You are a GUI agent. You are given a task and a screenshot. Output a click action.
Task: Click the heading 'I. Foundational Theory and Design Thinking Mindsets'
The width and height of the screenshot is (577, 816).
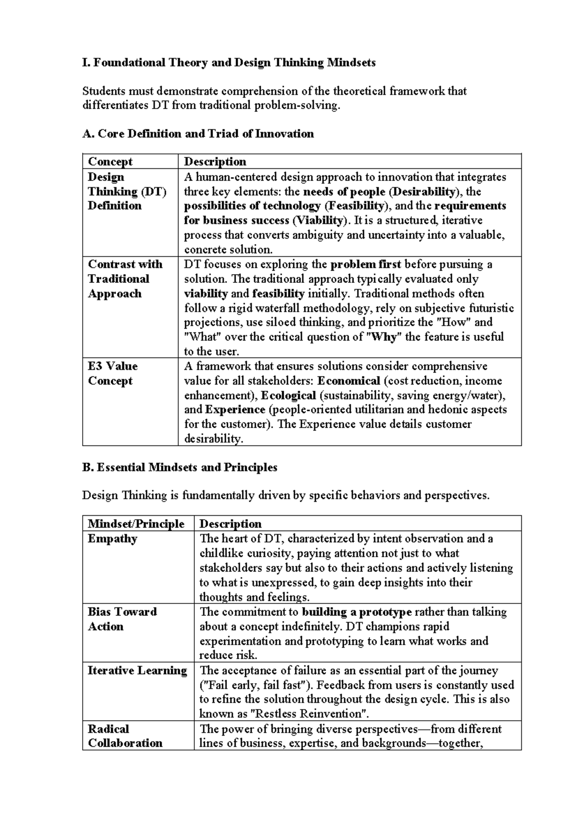click(229, 63)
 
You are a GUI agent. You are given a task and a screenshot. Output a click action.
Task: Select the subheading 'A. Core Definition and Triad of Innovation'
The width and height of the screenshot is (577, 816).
click(198, 134)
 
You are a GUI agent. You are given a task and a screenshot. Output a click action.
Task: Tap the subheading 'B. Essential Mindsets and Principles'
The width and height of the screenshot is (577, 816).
click(180, 467)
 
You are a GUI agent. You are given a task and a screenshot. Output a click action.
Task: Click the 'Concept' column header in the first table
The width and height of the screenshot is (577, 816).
click(110, 162)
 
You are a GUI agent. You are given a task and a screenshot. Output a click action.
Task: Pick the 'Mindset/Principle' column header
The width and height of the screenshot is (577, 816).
click(136, 523)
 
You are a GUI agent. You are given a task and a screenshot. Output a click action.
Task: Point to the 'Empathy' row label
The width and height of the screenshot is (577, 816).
click(113, 538)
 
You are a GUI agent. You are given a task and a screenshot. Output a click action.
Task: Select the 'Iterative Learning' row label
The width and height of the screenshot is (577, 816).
click(137, 670)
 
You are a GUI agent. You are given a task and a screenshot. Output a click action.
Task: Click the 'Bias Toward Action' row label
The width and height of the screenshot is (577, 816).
click(122, 619)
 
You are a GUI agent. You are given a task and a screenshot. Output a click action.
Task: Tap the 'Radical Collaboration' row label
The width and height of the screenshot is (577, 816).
click(125, 736)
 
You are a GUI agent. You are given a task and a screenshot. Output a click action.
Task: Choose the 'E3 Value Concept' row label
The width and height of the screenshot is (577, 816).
click(113, 373)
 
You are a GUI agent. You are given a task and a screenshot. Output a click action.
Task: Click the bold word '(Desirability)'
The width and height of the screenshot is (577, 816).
click(423, 191)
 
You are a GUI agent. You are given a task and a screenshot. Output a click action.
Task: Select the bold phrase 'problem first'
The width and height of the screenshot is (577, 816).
click(366, 264)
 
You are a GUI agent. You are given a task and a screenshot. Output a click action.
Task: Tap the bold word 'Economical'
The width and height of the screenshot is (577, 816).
click(349, 381)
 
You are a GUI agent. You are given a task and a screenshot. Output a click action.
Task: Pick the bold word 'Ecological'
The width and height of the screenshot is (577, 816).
click(288, 395)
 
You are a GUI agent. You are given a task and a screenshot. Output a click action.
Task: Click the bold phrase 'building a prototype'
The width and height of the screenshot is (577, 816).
click(357, 612)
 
